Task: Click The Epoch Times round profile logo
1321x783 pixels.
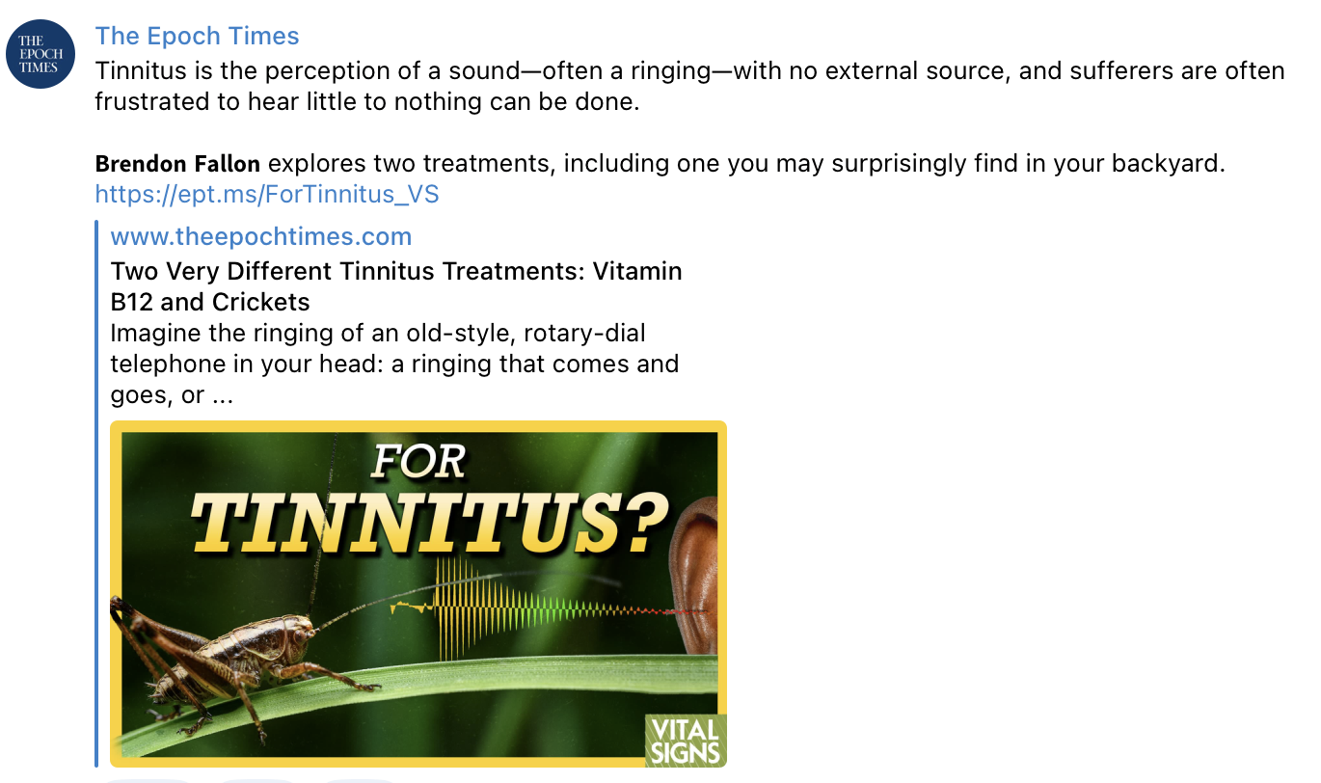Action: (40, 54)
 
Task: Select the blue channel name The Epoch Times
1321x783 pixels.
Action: (197, 36)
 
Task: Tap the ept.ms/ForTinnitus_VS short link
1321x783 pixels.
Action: (267, 194)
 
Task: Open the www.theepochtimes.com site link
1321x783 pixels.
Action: (260, 236)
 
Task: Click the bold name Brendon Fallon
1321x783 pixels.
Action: (177, 163)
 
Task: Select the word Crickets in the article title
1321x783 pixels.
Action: (260, 302)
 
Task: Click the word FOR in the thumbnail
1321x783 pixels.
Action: (418, 462)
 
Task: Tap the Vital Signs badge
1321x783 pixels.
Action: (686, 741)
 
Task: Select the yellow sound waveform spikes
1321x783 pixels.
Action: (466, 607)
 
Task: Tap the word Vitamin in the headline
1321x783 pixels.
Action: (637, 271)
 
